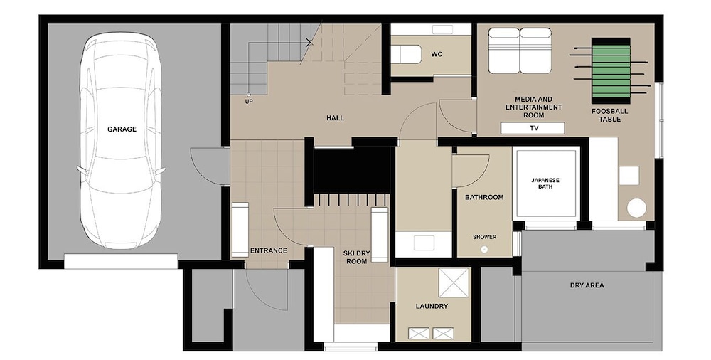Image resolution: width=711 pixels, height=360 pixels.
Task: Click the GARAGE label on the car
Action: pos(122,129)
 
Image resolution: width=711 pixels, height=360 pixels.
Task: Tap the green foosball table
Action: pos(611,70)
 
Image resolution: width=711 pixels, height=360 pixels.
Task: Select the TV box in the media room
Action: pos(533,128)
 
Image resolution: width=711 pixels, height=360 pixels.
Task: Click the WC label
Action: pos(437,55)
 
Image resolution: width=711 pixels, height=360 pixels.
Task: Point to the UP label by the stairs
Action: pos(249,102)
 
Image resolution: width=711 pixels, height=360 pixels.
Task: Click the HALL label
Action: pos(335,118)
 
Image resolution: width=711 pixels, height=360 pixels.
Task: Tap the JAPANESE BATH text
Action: pos(545,184)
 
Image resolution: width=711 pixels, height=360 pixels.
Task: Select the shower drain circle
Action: pos(484,249)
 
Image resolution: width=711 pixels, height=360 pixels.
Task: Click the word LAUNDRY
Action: pos(432,307)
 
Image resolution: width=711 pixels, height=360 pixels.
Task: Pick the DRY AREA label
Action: pos(587,285)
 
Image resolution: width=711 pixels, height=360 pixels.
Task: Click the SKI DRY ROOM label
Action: pos(356,258)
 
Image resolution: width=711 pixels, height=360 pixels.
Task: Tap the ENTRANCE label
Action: pos(269,250)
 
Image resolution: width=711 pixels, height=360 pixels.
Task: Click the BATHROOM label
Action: pos(484,198)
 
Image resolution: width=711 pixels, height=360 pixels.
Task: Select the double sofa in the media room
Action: pos(520,51)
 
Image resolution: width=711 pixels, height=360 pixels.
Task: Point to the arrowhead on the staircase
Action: pos(310,43)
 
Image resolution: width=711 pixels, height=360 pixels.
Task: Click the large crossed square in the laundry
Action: pos(454,283)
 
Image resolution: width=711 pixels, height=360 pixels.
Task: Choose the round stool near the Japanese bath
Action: pos(636,208)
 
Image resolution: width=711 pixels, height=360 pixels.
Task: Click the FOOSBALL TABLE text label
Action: pos(609,115)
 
